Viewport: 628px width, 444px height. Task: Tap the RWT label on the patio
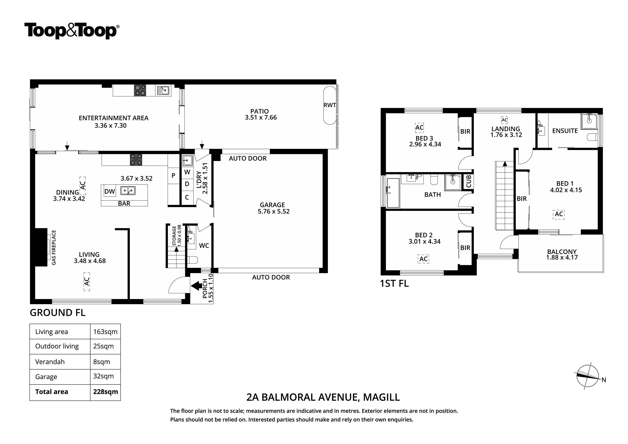pos(330,105)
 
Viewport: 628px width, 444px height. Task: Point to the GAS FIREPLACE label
pos(54,248)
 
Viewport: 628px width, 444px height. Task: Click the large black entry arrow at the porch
pos(196,286)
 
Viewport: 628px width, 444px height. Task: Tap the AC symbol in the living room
pos(87,281)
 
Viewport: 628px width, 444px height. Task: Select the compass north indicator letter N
pos(604,380)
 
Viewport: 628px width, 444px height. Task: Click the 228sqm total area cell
pos(105,392)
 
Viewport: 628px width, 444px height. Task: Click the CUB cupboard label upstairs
pos(468,181)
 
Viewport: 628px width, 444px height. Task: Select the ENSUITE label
pos(565,131)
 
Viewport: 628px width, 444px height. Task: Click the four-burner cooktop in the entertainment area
pos(140,90)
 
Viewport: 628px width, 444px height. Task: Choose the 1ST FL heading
pos(394,283)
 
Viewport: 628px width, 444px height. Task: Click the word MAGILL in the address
pos(381,397)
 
